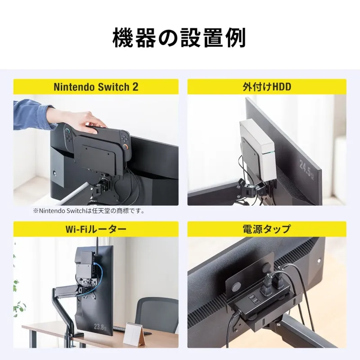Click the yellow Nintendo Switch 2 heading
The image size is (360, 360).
[x=96, y=87]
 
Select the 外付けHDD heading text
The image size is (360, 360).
[x=267, y=87]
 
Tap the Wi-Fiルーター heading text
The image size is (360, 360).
[x=96, y=229]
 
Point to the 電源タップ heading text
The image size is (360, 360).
[x=267, y=229]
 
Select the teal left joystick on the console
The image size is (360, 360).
[x=67, y=132]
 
